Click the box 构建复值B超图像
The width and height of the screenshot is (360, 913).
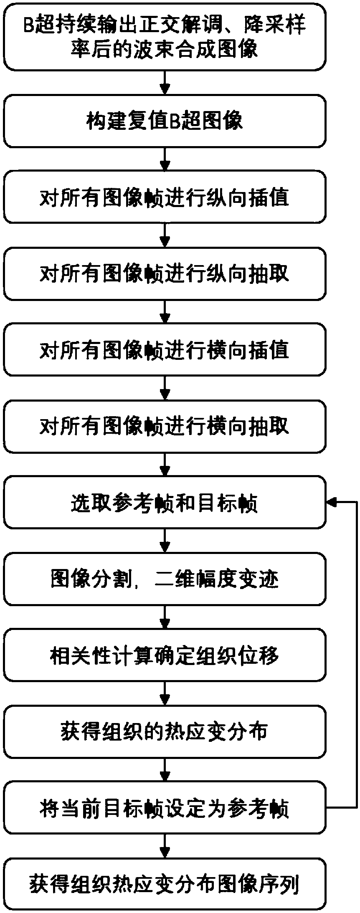[165, 121]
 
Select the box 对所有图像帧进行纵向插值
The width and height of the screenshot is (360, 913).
[165, 197]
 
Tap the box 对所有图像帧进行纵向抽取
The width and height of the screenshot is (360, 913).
[165, 273]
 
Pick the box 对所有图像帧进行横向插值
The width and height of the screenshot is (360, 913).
[165, 350]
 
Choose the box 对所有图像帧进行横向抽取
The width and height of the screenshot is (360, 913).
[165, 426]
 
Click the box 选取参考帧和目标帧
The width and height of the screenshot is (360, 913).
[165, 503]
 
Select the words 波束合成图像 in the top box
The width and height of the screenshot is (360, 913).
[209, 50]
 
